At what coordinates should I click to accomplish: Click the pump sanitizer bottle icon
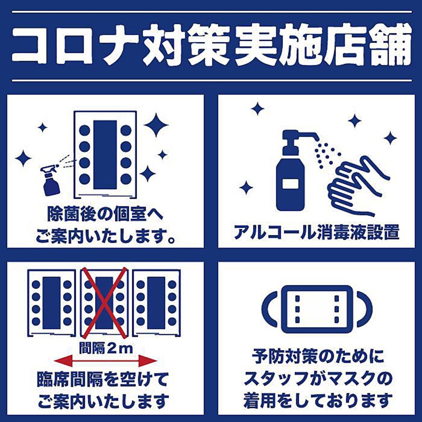(291, 173)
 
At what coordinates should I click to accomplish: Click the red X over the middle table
(104, 303)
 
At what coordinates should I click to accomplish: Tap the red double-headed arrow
(105, 361)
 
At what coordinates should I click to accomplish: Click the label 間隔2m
(106, 348)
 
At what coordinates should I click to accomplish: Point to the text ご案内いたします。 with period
(106, 237)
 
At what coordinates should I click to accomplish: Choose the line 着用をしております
(316, 400)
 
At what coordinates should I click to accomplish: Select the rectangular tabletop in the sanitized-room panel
(105, 155)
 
